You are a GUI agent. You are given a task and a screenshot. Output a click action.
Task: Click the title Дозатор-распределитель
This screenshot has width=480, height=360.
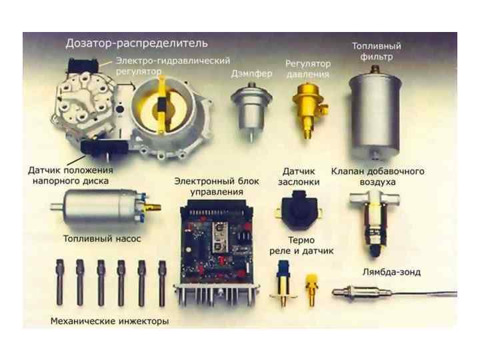point(137,43)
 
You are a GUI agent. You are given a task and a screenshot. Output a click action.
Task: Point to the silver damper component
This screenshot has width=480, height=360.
point(251,110)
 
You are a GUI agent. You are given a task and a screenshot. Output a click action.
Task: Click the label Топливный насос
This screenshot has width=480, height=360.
point(102,239)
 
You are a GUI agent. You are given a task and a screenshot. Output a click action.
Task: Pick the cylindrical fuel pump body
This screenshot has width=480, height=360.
point(97,206)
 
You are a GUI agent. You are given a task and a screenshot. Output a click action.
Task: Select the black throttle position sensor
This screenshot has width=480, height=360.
point(299,211)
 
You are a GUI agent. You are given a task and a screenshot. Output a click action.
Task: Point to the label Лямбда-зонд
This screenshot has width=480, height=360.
point(391,272)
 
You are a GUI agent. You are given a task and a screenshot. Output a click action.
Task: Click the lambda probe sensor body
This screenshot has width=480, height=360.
point(361,293)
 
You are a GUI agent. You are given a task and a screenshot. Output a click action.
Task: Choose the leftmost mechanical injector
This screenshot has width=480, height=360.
point(60,282)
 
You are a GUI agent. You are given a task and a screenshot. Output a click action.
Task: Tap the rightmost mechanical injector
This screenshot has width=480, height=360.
point(161,283)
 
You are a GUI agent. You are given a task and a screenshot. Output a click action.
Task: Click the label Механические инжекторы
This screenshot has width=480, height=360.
point(109,321)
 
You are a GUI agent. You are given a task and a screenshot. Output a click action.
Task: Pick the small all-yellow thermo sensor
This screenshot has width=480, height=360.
point(311,290)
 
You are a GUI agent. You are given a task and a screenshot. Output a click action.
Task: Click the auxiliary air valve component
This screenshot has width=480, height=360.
point(375,221)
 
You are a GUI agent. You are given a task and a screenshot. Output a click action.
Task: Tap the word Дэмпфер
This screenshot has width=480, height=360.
point(251,74)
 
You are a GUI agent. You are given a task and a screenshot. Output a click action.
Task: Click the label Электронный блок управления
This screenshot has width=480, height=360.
point(217,187)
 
